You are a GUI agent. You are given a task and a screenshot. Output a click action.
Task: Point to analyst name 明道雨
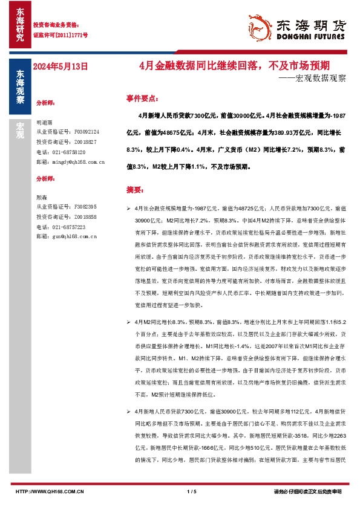45,121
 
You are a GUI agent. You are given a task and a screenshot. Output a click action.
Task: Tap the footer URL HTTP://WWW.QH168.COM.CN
49,492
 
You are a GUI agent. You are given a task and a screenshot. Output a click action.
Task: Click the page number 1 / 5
192,492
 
